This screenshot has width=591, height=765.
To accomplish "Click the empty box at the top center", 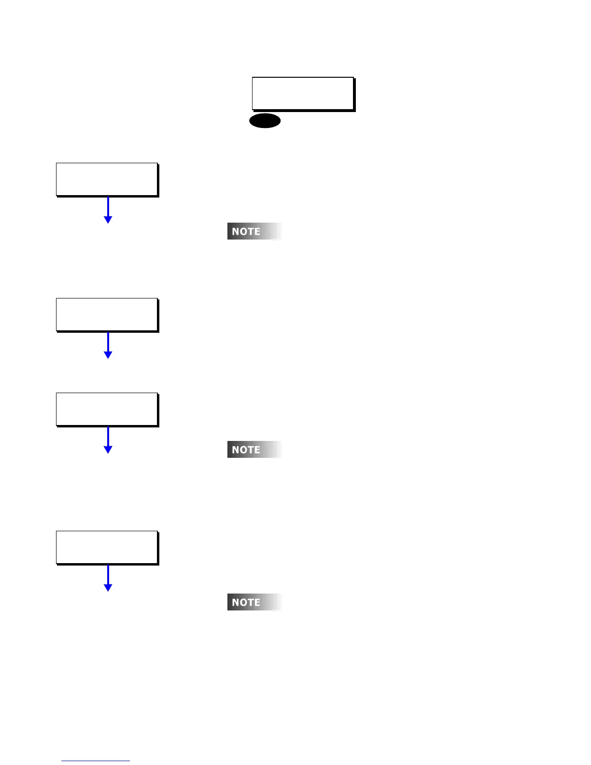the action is point(303,93).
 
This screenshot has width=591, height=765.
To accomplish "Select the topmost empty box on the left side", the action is point(107,179).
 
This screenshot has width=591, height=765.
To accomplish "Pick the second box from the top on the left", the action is point(107,314).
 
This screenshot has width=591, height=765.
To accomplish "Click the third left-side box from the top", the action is point(107,409).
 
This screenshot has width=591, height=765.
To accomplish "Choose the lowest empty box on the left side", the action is point(107,547).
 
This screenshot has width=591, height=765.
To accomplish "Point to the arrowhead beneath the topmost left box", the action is point(108,219).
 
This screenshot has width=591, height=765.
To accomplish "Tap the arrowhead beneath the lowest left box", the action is point(108,587).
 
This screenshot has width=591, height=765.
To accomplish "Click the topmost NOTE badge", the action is point(254,231).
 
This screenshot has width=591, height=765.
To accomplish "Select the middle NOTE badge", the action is point(254,450).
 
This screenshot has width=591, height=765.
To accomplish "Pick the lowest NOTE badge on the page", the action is point(254,602).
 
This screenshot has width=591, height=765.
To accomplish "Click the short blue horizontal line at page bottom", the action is point(96,761).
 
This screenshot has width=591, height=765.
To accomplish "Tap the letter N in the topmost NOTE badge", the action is point(236,232).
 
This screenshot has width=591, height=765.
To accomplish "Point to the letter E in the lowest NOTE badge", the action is point(257,603).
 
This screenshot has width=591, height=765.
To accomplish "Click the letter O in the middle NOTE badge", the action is point(243,450).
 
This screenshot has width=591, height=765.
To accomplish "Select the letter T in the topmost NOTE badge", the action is point(250,232).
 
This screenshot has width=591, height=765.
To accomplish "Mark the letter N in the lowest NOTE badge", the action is point(236,603).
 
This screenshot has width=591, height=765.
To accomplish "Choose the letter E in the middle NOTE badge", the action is point(257,450).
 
